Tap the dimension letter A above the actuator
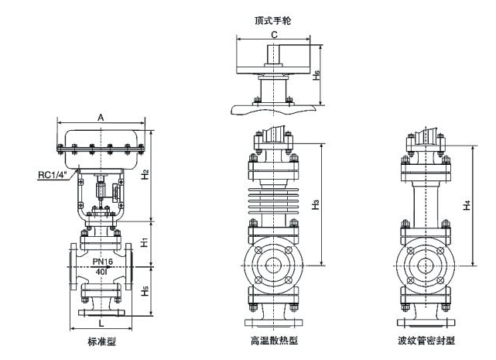tap(101, 117)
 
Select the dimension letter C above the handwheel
tap(275, 35)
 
